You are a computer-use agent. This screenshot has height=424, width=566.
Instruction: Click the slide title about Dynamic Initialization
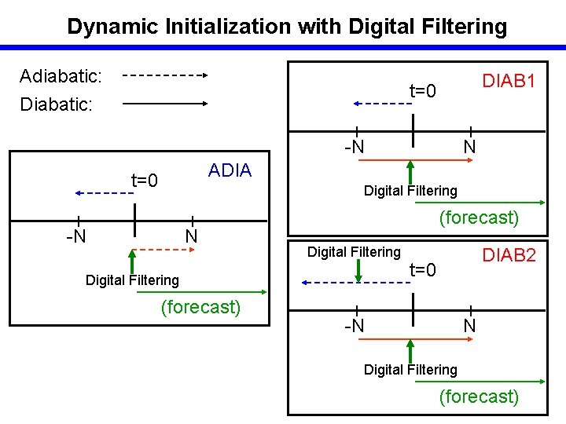click(x=287, y=26)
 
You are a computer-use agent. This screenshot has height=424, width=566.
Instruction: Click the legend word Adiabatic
click(x=61, y=76)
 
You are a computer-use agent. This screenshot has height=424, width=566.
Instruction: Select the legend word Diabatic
click(x=57, y=103)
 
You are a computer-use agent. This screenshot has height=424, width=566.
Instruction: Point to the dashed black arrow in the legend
click(x=164, y=76)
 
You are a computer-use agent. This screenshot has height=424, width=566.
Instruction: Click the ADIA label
click(x=230, y=170)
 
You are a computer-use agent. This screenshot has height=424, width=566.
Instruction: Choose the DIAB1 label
click(x=509, y=81)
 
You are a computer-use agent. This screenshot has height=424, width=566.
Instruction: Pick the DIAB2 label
click(x=509, y=254)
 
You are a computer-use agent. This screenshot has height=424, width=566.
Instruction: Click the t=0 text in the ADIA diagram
click(x=145, y=182)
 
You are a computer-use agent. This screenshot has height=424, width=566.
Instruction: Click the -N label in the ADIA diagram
click(x=75, y=236)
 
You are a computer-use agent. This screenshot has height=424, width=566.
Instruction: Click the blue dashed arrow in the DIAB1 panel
click(x=382, y=103)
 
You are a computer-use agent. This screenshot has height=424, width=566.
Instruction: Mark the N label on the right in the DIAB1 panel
click(x=469, y=147)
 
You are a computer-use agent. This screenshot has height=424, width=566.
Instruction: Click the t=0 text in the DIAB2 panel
click(x=423, y=270)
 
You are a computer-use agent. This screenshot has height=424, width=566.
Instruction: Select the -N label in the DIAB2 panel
click(x=355, y=325)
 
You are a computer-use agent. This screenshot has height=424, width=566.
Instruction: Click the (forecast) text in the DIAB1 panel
click(x=479, y=217)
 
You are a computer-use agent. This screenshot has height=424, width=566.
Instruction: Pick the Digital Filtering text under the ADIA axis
click(x=132, y=280)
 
